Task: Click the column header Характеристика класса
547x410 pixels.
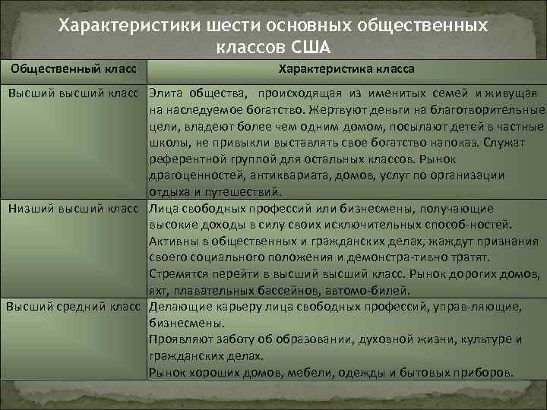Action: (346, 69)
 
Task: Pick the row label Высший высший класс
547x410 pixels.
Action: (76, 93)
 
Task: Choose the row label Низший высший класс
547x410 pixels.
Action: (77, 208)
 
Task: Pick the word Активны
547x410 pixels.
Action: (172, 241)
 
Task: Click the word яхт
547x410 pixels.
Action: (159, 290)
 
